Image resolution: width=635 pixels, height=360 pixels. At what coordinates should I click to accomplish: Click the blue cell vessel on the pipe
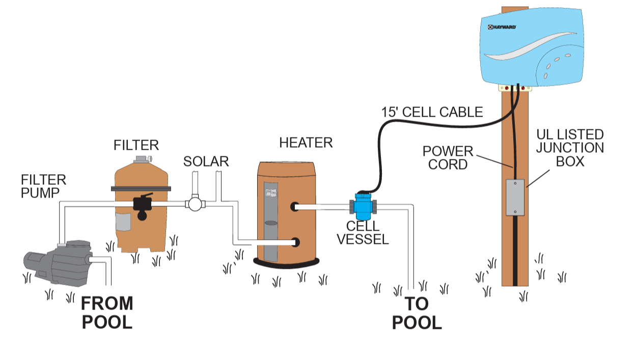click(363, 206)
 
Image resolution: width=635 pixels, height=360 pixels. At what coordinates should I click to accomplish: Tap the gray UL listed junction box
click(515, 198)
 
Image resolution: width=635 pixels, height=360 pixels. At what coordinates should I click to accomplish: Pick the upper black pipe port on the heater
click(295, 207)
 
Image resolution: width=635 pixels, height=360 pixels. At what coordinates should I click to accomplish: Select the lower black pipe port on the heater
click(295, 243)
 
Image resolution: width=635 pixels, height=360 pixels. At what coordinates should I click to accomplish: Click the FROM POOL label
click(107, 312)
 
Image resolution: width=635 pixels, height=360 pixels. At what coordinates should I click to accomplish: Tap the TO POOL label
click(417, 313)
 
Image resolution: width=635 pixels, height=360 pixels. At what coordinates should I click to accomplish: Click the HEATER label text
click(306, 143)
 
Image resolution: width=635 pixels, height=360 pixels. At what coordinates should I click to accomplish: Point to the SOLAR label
click(206, 162)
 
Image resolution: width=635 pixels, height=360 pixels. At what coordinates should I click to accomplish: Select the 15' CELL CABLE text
click(432, 112)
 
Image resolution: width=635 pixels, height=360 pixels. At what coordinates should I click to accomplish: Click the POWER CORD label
click(448, 158)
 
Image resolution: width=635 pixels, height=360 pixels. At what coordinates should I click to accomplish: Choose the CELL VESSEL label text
click(363, 233)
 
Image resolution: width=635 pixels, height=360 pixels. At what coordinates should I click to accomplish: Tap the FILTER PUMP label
click(43, 186)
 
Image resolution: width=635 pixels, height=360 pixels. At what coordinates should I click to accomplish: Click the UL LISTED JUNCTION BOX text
click(570, 148)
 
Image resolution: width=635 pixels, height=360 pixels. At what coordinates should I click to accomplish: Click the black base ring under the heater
click(286, 262)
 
